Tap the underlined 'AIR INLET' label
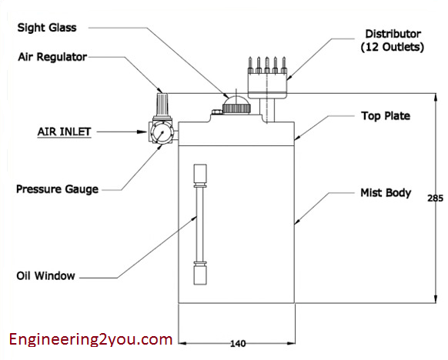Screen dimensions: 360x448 tap(64, 132)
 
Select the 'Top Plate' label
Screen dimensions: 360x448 tap(386, 116)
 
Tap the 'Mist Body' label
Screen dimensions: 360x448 tap(386, 192)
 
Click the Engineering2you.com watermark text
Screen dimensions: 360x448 tap(90, 338)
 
